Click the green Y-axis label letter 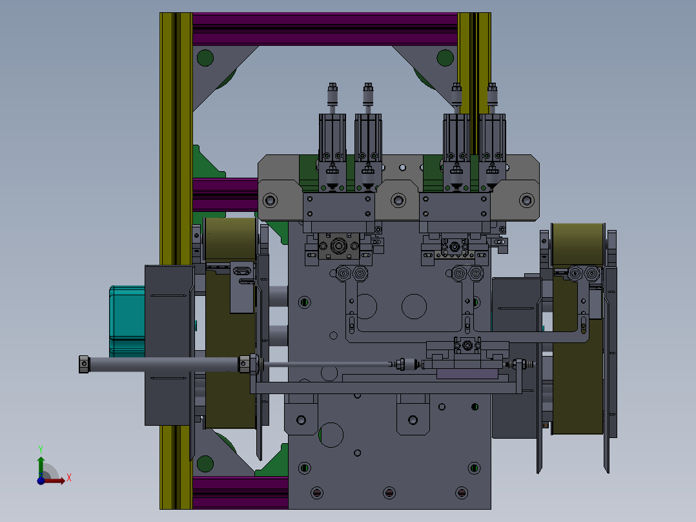click(41, 449)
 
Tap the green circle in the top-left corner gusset click(205, 57)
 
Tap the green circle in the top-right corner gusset click(445, 57)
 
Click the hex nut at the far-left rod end click(84, 364)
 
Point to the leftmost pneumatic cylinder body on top click(333, 138)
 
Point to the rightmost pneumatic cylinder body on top click(492, 138)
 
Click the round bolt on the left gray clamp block click(271, 200)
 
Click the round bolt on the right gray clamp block click(527, 200)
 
